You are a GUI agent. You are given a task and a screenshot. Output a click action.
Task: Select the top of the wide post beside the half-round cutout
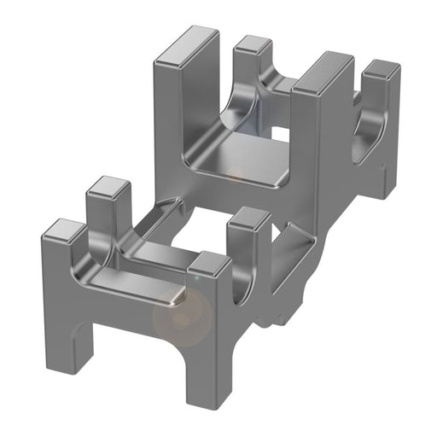[x=323, y=72]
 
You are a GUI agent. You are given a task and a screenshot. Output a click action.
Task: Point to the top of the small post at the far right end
[x=382, y=73]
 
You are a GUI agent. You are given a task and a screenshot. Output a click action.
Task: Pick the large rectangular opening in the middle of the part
[x=195, y=230]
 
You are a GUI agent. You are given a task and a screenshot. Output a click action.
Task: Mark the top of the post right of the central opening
[x=248, y=219]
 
